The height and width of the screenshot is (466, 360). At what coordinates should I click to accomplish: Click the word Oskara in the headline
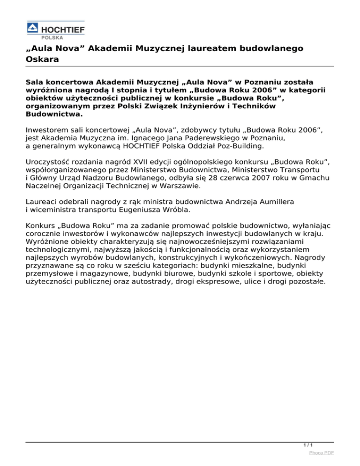43,60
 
